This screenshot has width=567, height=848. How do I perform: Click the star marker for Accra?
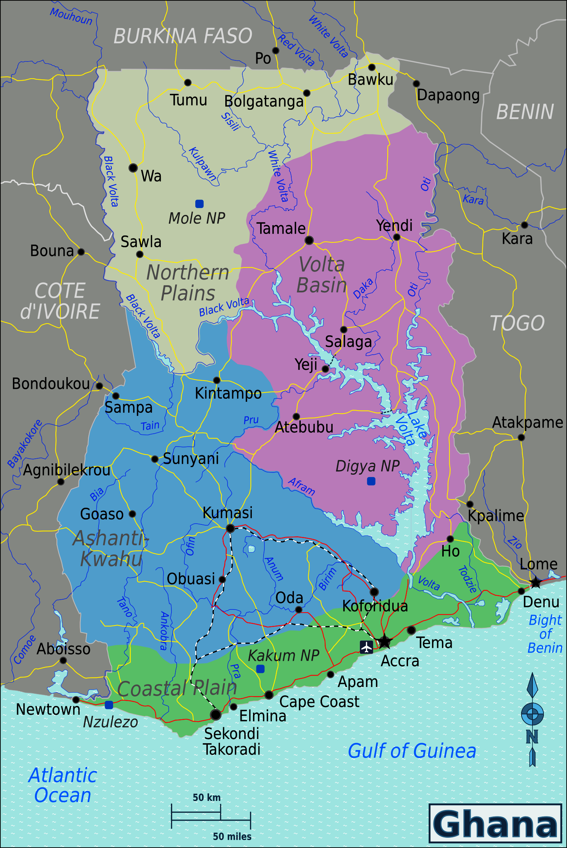click(385, 641)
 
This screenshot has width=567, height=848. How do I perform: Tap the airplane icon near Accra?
click(366, 647)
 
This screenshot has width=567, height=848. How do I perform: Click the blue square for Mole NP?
click(199, 204)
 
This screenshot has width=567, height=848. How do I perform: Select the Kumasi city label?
click(228, 513)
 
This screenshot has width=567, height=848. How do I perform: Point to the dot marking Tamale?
click(309, 240)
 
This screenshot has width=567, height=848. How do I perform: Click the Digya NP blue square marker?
click(371, 481)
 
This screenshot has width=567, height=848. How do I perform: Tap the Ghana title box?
click(495, 823)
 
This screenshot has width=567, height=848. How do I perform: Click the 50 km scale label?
click(206, 797)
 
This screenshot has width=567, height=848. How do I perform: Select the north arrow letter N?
click(532, 737)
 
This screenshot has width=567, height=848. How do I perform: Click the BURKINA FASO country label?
click(183, 36)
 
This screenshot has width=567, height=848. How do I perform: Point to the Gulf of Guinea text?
click(412, 751)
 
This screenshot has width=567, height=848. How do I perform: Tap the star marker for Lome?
click(536, 582)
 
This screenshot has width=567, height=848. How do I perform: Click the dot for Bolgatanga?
click(307, 93)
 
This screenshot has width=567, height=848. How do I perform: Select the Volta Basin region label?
click(322, 275)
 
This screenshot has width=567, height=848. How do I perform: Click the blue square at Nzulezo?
click(109, 705)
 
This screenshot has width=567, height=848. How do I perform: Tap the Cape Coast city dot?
click(269, 695)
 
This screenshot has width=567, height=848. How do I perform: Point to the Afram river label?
click(302, 486)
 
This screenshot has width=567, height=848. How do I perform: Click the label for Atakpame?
click(527, 422)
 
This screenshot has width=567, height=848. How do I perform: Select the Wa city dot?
click(133, 168)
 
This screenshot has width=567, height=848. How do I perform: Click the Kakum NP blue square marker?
click(260, 669)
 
